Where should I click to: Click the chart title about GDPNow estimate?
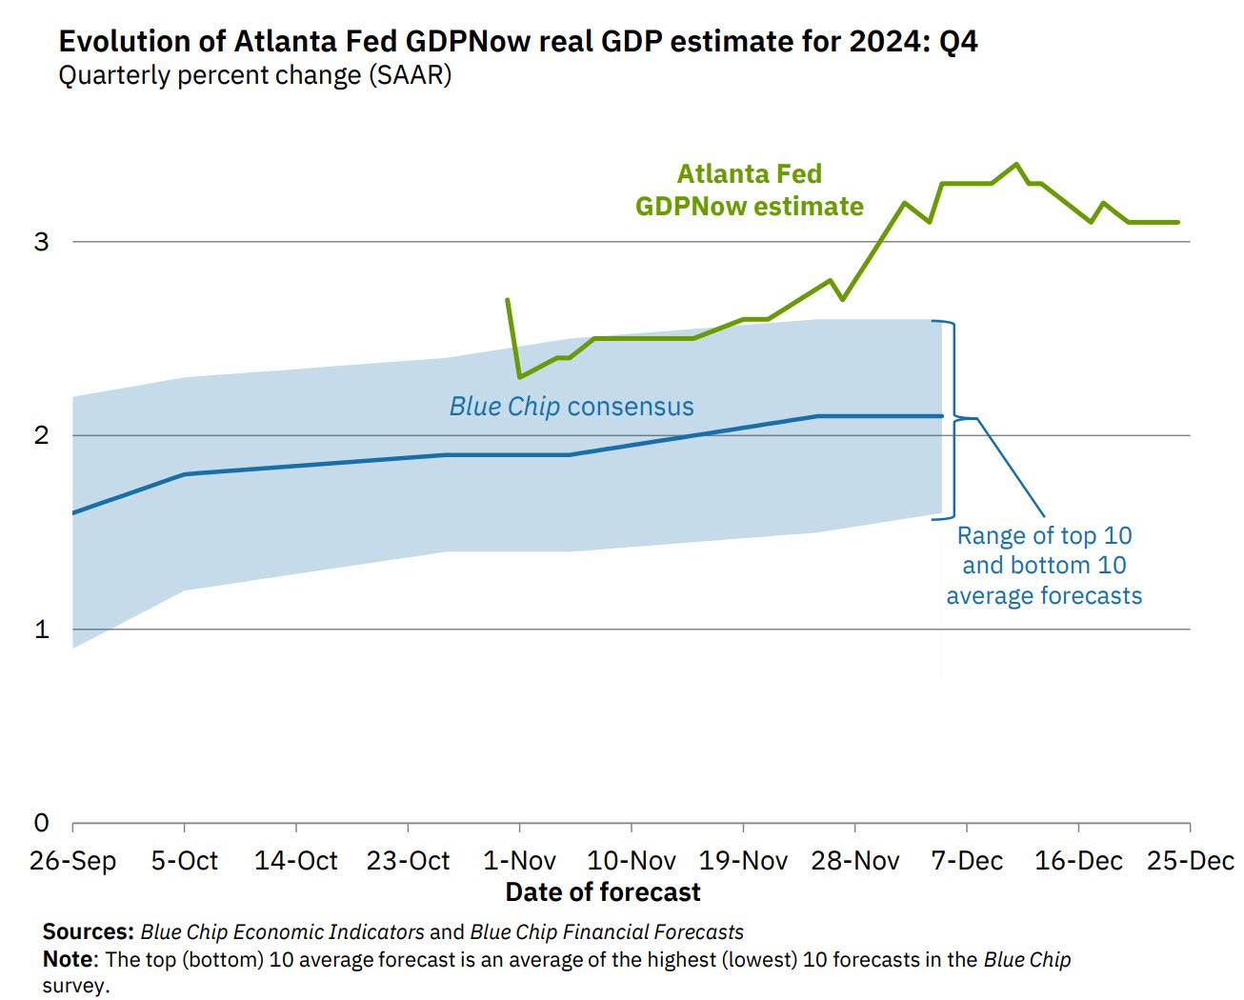tap(517, 42)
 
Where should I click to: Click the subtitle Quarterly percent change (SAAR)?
tap(254, 75)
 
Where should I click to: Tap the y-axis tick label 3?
tap(41, 242)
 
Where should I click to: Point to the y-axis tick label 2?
tap(41, 435)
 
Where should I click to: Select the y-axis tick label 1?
tap(41, 630)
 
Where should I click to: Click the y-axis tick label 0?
tap(41, 823)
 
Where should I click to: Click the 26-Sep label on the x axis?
tap(72, 861)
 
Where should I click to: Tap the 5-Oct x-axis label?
tap(184, 861)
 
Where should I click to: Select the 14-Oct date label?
tap(295, 861)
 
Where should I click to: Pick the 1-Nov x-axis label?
tap(519, 861)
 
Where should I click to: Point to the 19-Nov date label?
tap(743, 861)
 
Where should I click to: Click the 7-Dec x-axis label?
tap(967, 861)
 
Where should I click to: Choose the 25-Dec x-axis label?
tap(1190, 861)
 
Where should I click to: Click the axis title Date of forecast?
tap(603, 892)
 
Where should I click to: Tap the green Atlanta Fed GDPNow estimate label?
tap(750, 190)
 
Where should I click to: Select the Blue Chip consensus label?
tap(572, 407)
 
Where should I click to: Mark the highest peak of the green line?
tap(1016, 164)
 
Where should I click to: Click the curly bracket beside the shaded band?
tap(953, 419)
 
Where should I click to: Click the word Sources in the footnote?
tap(88, 932)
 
